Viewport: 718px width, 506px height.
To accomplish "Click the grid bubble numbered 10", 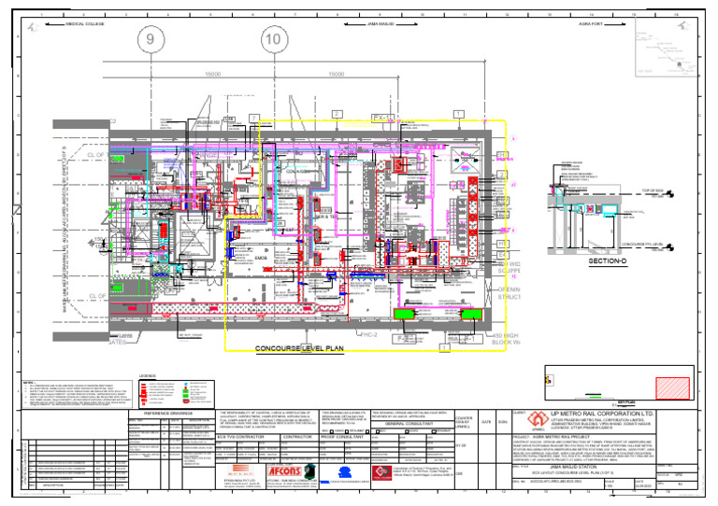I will [274, 39].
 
